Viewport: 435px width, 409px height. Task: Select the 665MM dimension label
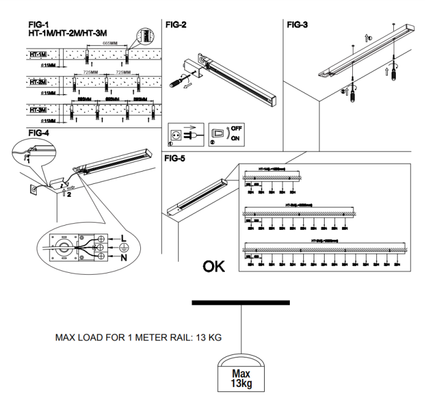[x=110, y=44]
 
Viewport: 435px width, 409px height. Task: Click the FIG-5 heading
[x=177, y=158]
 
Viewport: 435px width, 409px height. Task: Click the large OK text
[x=213, y=267]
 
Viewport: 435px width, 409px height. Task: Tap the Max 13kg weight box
[x=241, y=377]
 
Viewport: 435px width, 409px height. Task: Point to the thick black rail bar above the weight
[x=240, y=302]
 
